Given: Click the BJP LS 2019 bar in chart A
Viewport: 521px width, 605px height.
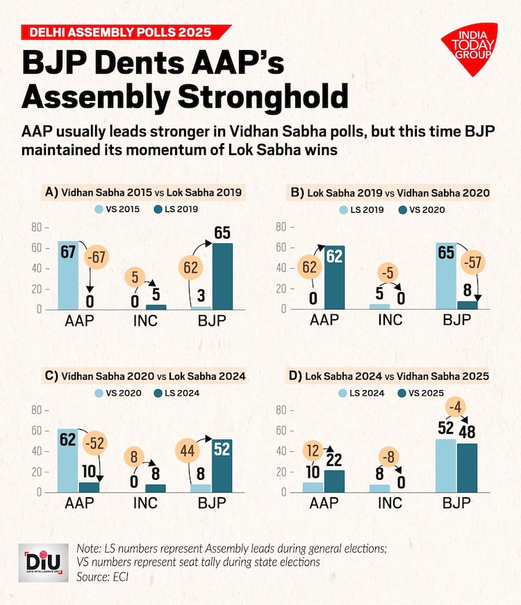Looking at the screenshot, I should pos(222,276).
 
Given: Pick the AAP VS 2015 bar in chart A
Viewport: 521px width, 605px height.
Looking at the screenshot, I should pos(68,275).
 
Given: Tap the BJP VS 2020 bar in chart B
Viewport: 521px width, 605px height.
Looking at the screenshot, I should pos(467,305).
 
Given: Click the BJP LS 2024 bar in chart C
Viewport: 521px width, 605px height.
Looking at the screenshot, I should pos(222,465).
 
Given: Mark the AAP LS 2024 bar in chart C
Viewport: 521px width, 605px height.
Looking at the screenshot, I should pos(88,487).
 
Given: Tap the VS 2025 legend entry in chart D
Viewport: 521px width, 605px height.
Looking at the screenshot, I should pos(421,393).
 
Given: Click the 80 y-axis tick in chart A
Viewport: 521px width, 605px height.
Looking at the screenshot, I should pos(37,227).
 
